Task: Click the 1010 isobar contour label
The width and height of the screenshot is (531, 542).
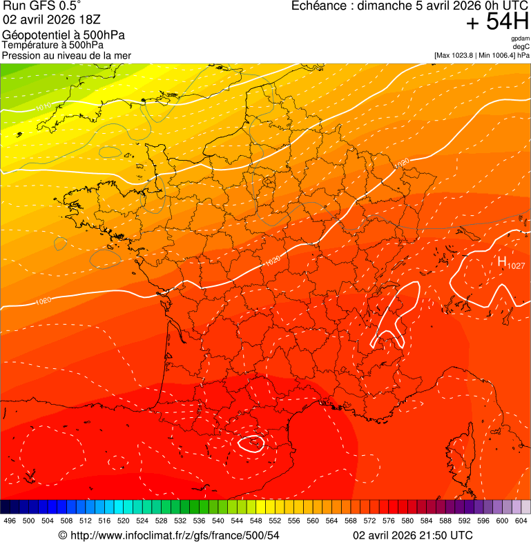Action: pyautogui.click(x=43, y=106)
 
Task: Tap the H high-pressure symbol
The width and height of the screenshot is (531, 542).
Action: pyautogui.click(x=502, y=261)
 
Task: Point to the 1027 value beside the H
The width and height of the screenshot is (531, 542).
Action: pyautogui.click(x=516, y=266)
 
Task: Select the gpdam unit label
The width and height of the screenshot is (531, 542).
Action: pyautogui.click(x=520, y=39)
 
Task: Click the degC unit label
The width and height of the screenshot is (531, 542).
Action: pyautogui.click(x=521, y=46)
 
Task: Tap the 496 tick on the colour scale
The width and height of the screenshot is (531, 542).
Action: pyautogui.click(x=10, y=521)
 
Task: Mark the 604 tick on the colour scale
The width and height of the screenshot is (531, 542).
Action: pyautogui.click(x=521, y=521)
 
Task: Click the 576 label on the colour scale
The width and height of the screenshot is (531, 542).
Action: pyautogui.click(x=389, y=521)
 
